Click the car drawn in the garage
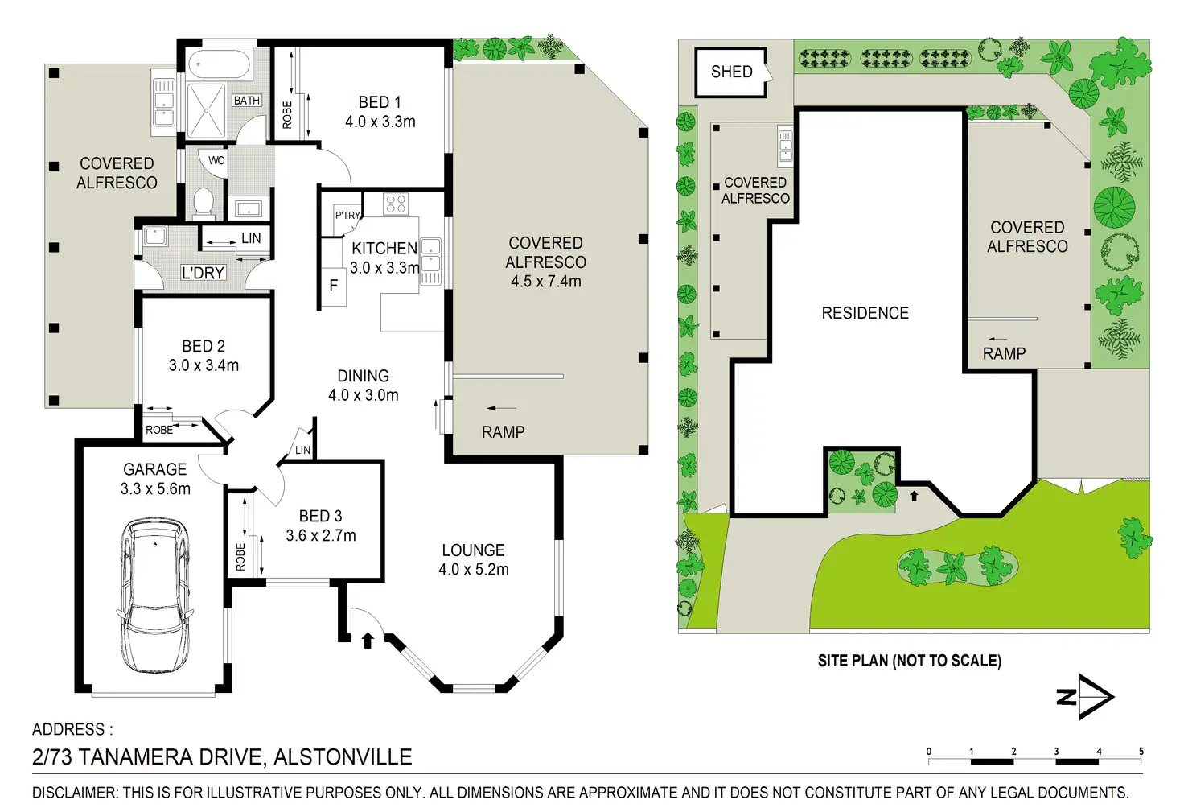click(x=155, y=595)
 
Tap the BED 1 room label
click(x=380, y=102)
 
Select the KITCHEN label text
click(x=384, y=248)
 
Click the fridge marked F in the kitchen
click(x=334, y=286)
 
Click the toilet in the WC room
click(x=203, y=203)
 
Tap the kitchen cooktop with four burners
click(x=396, y=204)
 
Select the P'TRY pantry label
click(x=347, y=215)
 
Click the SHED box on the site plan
click(x=730, y=72)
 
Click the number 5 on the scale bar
click(x=1141, y=751)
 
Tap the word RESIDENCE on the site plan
click(x=865, y=313)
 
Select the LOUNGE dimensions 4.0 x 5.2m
click(x=474, y=570)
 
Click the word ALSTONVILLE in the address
click(x=343, y=757)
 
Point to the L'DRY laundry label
click(x=203, y=273)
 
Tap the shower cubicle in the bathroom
click(x=207, y=111)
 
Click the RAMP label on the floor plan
click(x=504, y=432)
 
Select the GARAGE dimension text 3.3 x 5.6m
click(x=155, y=488)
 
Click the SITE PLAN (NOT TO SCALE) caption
click(x=910, y=661)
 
